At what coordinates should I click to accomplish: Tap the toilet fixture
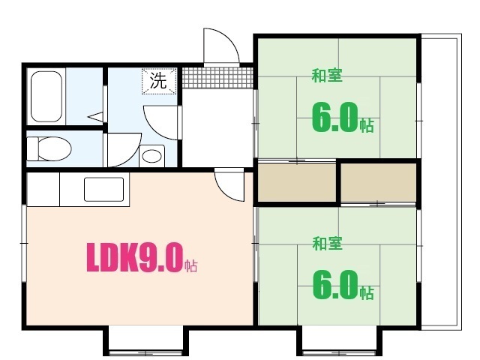(x=46, y=148)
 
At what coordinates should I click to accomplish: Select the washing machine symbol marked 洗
(x=159, y=82)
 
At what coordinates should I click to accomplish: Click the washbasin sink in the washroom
(x=153, y=156)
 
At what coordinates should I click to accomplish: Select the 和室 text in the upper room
(x=327, y=75)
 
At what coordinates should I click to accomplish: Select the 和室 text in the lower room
(x=327, y=243)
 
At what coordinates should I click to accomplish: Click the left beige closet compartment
(x=296, y=182)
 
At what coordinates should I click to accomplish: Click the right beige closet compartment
(x=379, y=182)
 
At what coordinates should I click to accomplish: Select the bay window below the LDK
(x=142, y=341)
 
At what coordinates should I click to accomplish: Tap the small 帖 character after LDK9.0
(x=191, y=265)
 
